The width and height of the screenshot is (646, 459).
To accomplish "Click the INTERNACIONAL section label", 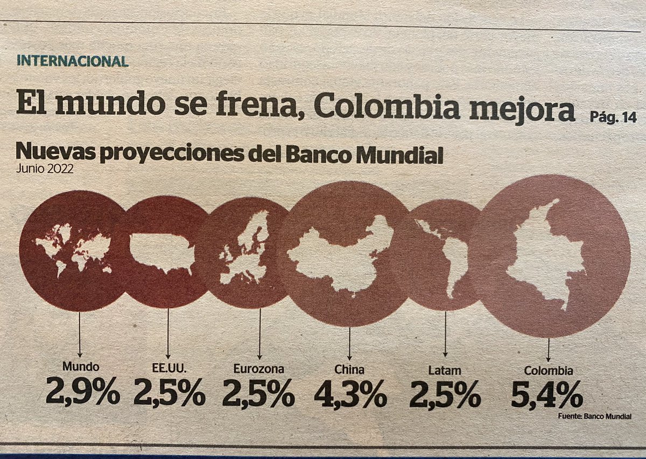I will click(x=72, y=61).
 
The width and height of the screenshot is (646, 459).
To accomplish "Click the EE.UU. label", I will click(x=168, y=369).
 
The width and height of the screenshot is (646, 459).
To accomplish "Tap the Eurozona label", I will click(x=259, y=369).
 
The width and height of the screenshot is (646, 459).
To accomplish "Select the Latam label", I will click(x=445, y=370).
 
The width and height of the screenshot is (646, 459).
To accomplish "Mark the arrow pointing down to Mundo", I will click(x=79, y=334).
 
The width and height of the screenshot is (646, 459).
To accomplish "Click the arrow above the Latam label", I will click(x=445, y=334).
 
